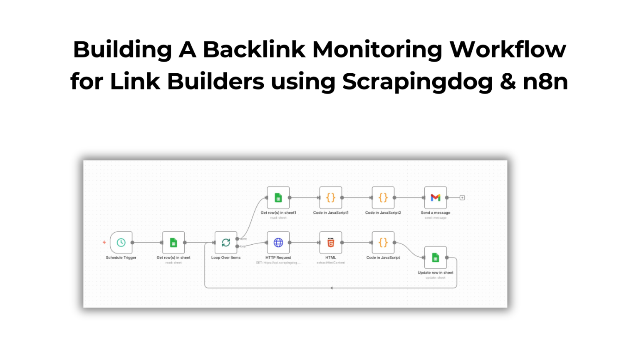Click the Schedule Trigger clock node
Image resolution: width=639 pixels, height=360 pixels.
click(x=121, y=243)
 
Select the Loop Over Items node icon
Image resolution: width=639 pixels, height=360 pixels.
click(x=226, y=243)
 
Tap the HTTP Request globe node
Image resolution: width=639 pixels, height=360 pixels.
click(x=278, y=243)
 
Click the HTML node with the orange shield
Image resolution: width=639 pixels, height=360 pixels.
click(x=331, y=243)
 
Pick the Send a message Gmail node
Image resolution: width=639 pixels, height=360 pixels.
click(x=436, y=198)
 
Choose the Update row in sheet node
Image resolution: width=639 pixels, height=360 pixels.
click(x=436, y=258)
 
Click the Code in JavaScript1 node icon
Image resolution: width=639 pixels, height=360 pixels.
click(x=331, y=198)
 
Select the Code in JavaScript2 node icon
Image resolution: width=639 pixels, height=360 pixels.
click(x=383, y=198)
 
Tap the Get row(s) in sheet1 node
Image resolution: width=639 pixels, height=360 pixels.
click(x=278, y=198)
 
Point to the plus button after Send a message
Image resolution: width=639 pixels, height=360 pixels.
click(x=462, y=198)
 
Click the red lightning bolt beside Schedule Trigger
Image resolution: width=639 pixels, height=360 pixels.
click(x=104, y=242)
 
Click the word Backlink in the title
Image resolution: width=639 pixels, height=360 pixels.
click(x=254, y=50)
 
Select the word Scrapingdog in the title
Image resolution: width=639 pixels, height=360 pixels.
click(x=417, y=82)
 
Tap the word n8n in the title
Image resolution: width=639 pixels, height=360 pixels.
click(x=545, y=82)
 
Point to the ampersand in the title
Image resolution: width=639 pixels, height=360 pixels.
click(x=508, y=82)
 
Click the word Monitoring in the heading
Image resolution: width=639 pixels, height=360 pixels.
click(x=377, y=50)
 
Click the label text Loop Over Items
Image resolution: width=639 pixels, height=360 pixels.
click(x=226, y=258)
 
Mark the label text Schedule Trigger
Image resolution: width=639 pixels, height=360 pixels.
click(x=121, y=258)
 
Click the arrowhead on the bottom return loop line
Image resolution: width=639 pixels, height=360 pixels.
click(x=332, y=288)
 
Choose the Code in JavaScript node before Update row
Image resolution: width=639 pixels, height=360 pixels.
click(x=383, y=243)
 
